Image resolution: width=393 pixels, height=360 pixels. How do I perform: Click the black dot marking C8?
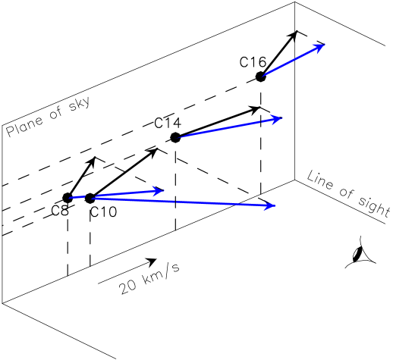68,198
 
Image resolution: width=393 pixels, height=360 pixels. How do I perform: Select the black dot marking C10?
90,198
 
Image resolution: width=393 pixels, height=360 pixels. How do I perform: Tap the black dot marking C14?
175,137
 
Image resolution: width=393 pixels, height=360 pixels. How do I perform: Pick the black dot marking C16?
261,77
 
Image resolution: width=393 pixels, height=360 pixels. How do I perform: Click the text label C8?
61,211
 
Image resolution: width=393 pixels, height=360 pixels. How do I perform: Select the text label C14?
167,123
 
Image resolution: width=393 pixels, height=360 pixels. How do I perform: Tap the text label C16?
253,61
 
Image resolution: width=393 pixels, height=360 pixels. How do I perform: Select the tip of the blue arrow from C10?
275,205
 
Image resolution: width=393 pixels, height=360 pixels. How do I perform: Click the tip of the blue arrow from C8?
163,189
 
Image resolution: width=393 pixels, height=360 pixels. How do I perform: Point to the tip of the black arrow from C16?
297,32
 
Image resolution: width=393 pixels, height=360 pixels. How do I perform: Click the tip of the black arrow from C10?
157,149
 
